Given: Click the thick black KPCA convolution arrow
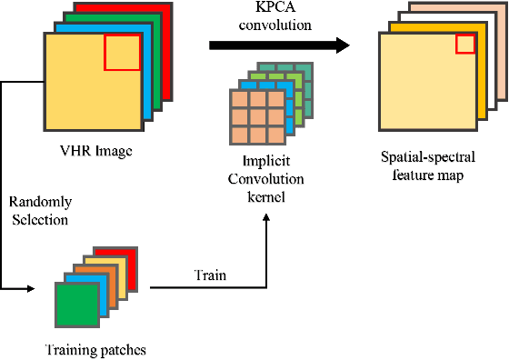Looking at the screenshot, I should tap(273, 44).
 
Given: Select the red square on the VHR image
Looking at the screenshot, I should tap(123, 53).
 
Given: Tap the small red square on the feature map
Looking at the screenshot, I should tap(464, 45).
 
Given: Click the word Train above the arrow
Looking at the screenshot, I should tap(210, 273).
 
